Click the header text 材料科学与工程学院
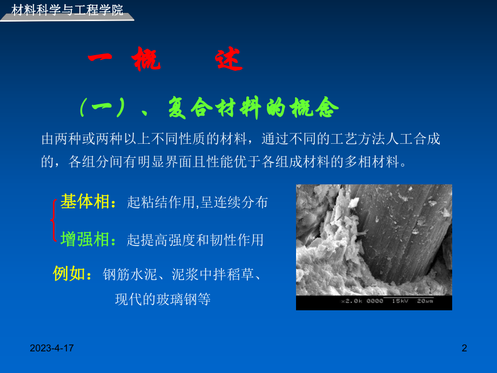click(x=67, y=9)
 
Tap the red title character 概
click(x=146, y=61)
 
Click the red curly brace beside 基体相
click(x=53, y=219)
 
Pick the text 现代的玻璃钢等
click(x=163, y=299)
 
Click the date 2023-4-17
click(x=52, y=349)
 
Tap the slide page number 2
click(x=464, y=349)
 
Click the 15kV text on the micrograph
click(x=401, y=301)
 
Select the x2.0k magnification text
click(x=352, y=301)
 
